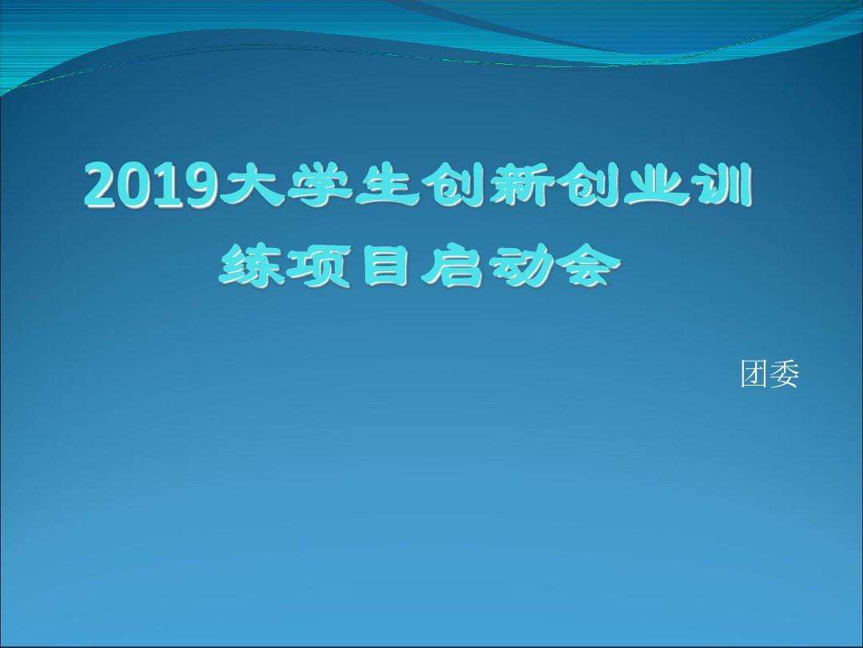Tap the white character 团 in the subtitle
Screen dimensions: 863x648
coord(754,374)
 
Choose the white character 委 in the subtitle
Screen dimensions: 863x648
coord(784,374)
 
